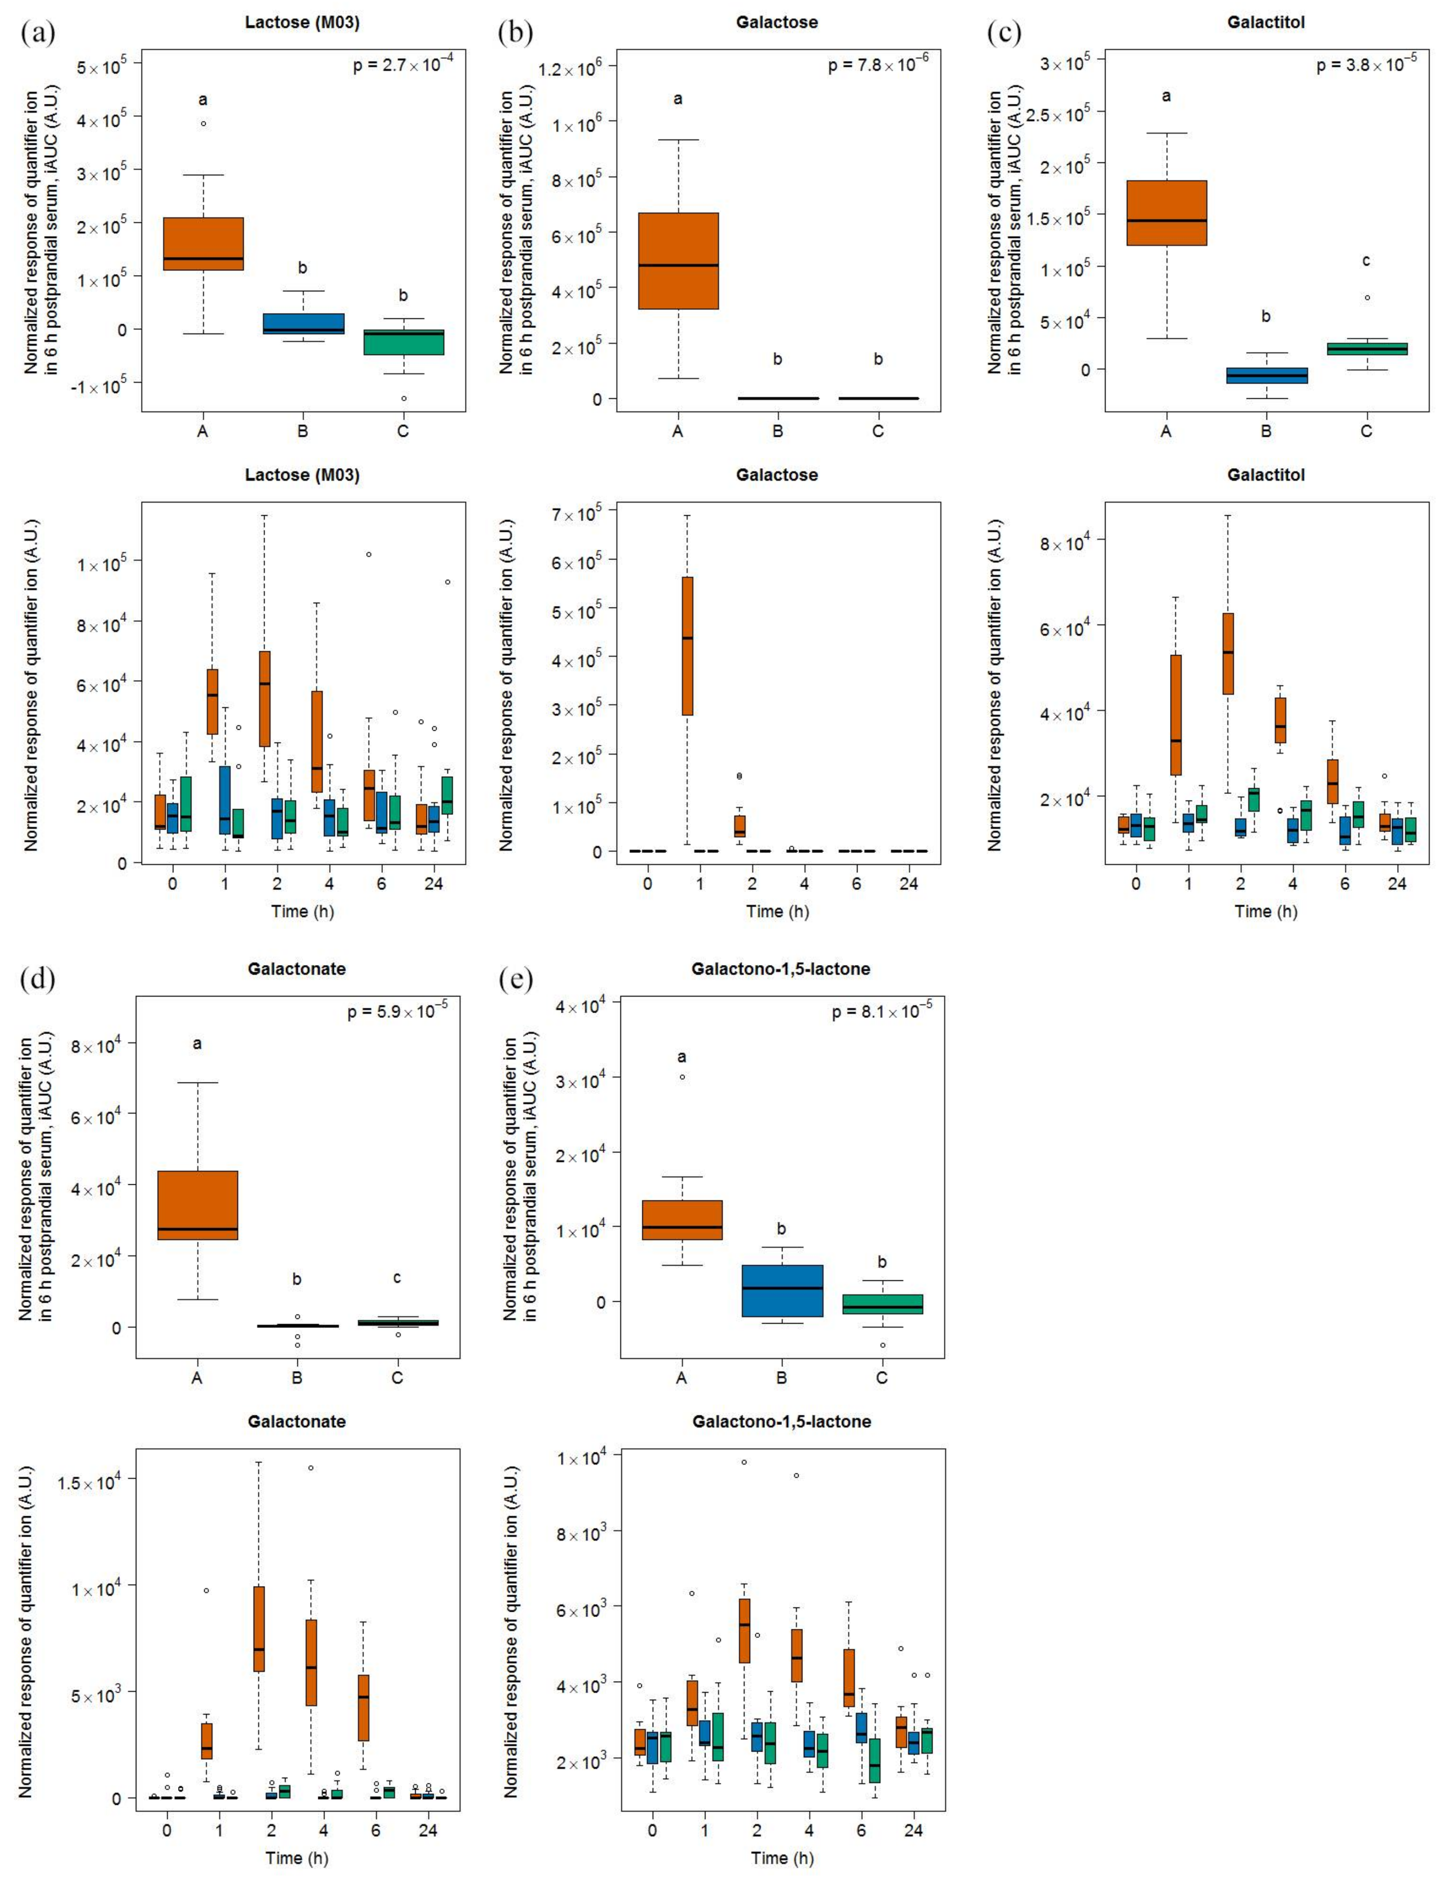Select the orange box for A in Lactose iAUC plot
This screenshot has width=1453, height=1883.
pos(203,244)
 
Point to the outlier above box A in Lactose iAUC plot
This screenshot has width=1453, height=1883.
pos(203,123)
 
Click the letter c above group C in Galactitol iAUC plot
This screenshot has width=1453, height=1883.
pos(1366,261)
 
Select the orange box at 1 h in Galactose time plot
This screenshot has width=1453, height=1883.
pos(687,646)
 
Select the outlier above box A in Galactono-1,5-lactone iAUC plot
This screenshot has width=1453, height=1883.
pos(682,1077)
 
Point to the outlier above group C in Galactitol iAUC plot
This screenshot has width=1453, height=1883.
pos(1367,297)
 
